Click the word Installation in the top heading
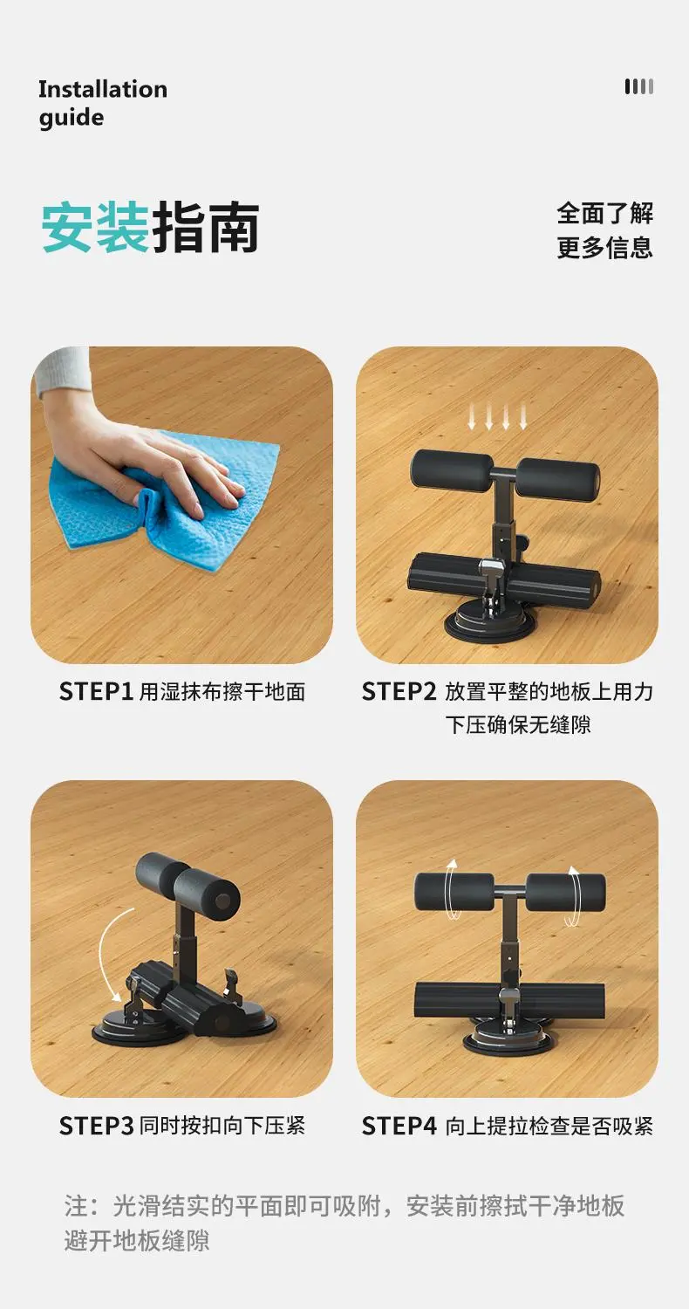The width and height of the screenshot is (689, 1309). (x=103, y=89)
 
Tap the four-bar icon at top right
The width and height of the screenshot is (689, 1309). (x=638, y=86)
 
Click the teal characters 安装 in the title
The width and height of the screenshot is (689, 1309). (x=94, y=227)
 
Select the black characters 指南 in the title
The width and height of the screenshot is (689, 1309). (x=205, y=227)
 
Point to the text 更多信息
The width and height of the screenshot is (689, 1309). (x=605, y=248)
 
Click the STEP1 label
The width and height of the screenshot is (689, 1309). (x=96, y=692)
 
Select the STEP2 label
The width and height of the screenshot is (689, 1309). (x=399, y=692)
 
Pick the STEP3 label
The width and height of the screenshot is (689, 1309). (x=96, y=1126)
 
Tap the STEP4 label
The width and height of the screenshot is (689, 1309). (x=399, y=1126)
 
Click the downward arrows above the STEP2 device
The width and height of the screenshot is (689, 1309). (x=497, y=416)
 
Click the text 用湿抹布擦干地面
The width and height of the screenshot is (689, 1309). (x=222, y=692)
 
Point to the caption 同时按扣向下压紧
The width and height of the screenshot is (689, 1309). (x=222, y=1126)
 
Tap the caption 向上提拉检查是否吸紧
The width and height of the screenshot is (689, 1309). (x=549, y=1126)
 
